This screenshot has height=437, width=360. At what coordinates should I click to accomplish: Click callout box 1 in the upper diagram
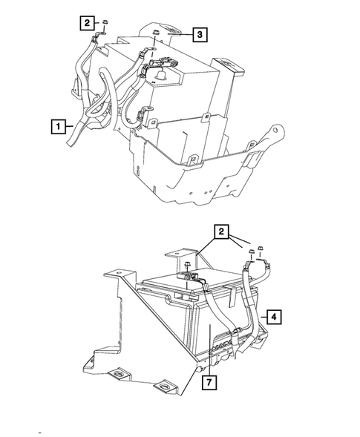click(57, 126)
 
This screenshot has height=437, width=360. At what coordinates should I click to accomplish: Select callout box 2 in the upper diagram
click(87, 24)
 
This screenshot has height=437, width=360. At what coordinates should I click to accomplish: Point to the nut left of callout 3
click(156, 35)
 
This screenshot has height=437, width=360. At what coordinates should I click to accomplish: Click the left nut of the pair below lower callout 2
click(251, 254)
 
